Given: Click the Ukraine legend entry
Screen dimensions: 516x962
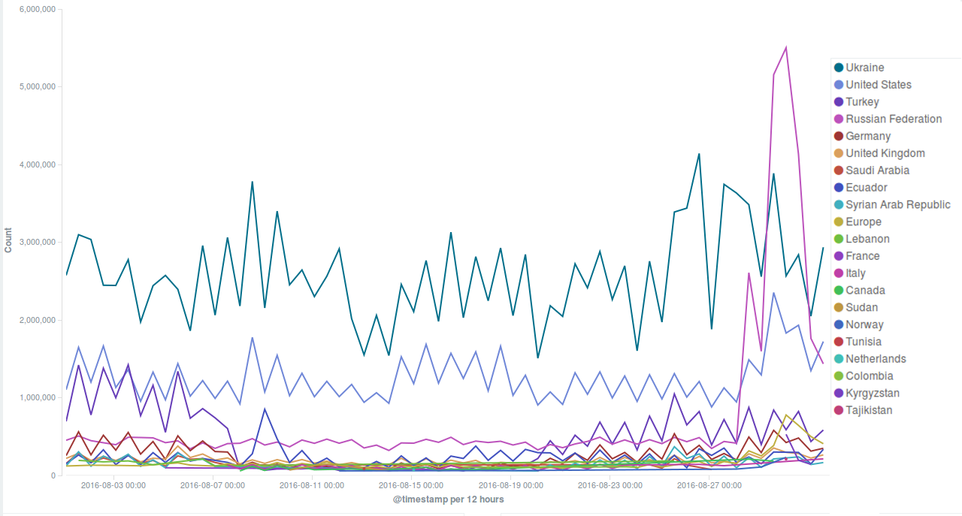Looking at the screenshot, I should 864,68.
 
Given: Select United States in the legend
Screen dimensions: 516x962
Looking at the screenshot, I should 878,85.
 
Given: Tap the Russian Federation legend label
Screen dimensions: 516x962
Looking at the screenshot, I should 893,119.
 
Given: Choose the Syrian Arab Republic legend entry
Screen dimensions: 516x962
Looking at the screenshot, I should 897,204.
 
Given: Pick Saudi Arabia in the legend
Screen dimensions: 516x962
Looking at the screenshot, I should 877,170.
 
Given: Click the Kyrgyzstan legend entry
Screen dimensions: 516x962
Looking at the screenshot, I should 873,393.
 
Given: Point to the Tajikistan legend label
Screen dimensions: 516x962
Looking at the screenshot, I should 869,410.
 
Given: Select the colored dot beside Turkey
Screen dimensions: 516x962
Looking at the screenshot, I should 839,102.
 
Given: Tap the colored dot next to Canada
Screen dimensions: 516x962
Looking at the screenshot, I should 839,291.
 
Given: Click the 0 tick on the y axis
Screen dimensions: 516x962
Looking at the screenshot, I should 53,475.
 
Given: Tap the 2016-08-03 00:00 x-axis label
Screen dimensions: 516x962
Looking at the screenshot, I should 113,485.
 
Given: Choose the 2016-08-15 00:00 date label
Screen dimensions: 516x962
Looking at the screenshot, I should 411,485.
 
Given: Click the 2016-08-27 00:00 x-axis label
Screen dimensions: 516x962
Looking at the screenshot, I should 709,485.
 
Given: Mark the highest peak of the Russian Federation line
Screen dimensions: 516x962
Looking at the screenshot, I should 785,47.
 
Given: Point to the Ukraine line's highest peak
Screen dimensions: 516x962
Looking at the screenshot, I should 699,154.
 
